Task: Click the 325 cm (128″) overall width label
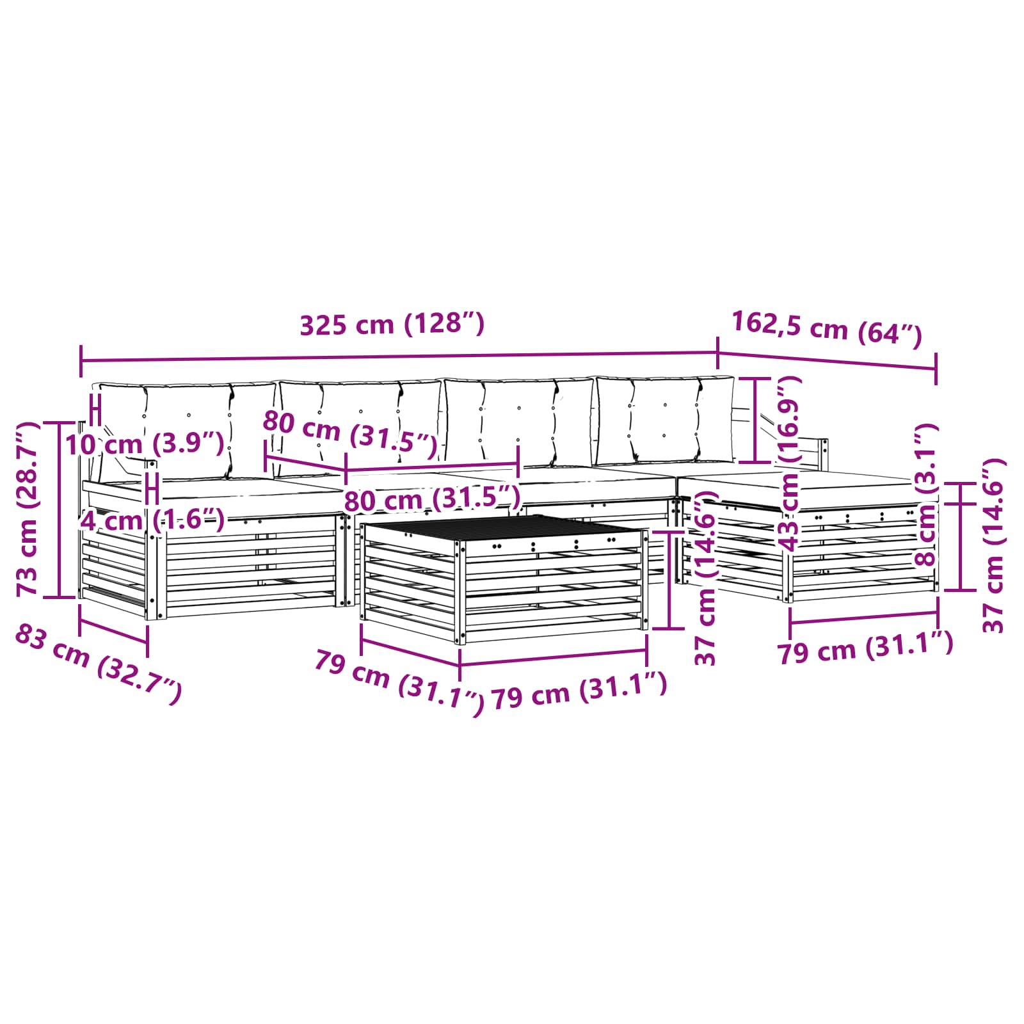coord(392,324)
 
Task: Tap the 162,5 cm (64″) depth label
coord(826,329)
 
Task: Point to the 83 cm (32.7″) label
coord(98,664)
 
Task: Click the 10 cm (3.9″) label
coord(145,444)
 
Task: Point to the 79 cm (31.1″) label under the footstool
coord(865,648)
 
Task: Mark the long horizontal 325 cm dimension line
coord(399,358)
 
